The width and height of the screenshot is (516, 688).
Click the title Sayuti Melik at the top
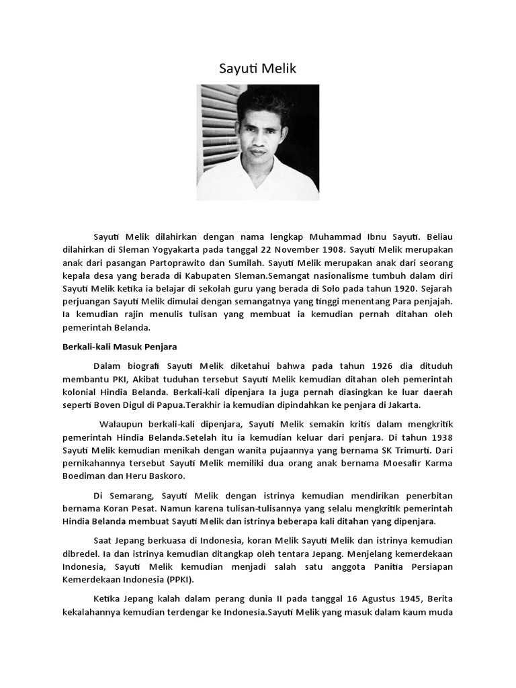[257, 69]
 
